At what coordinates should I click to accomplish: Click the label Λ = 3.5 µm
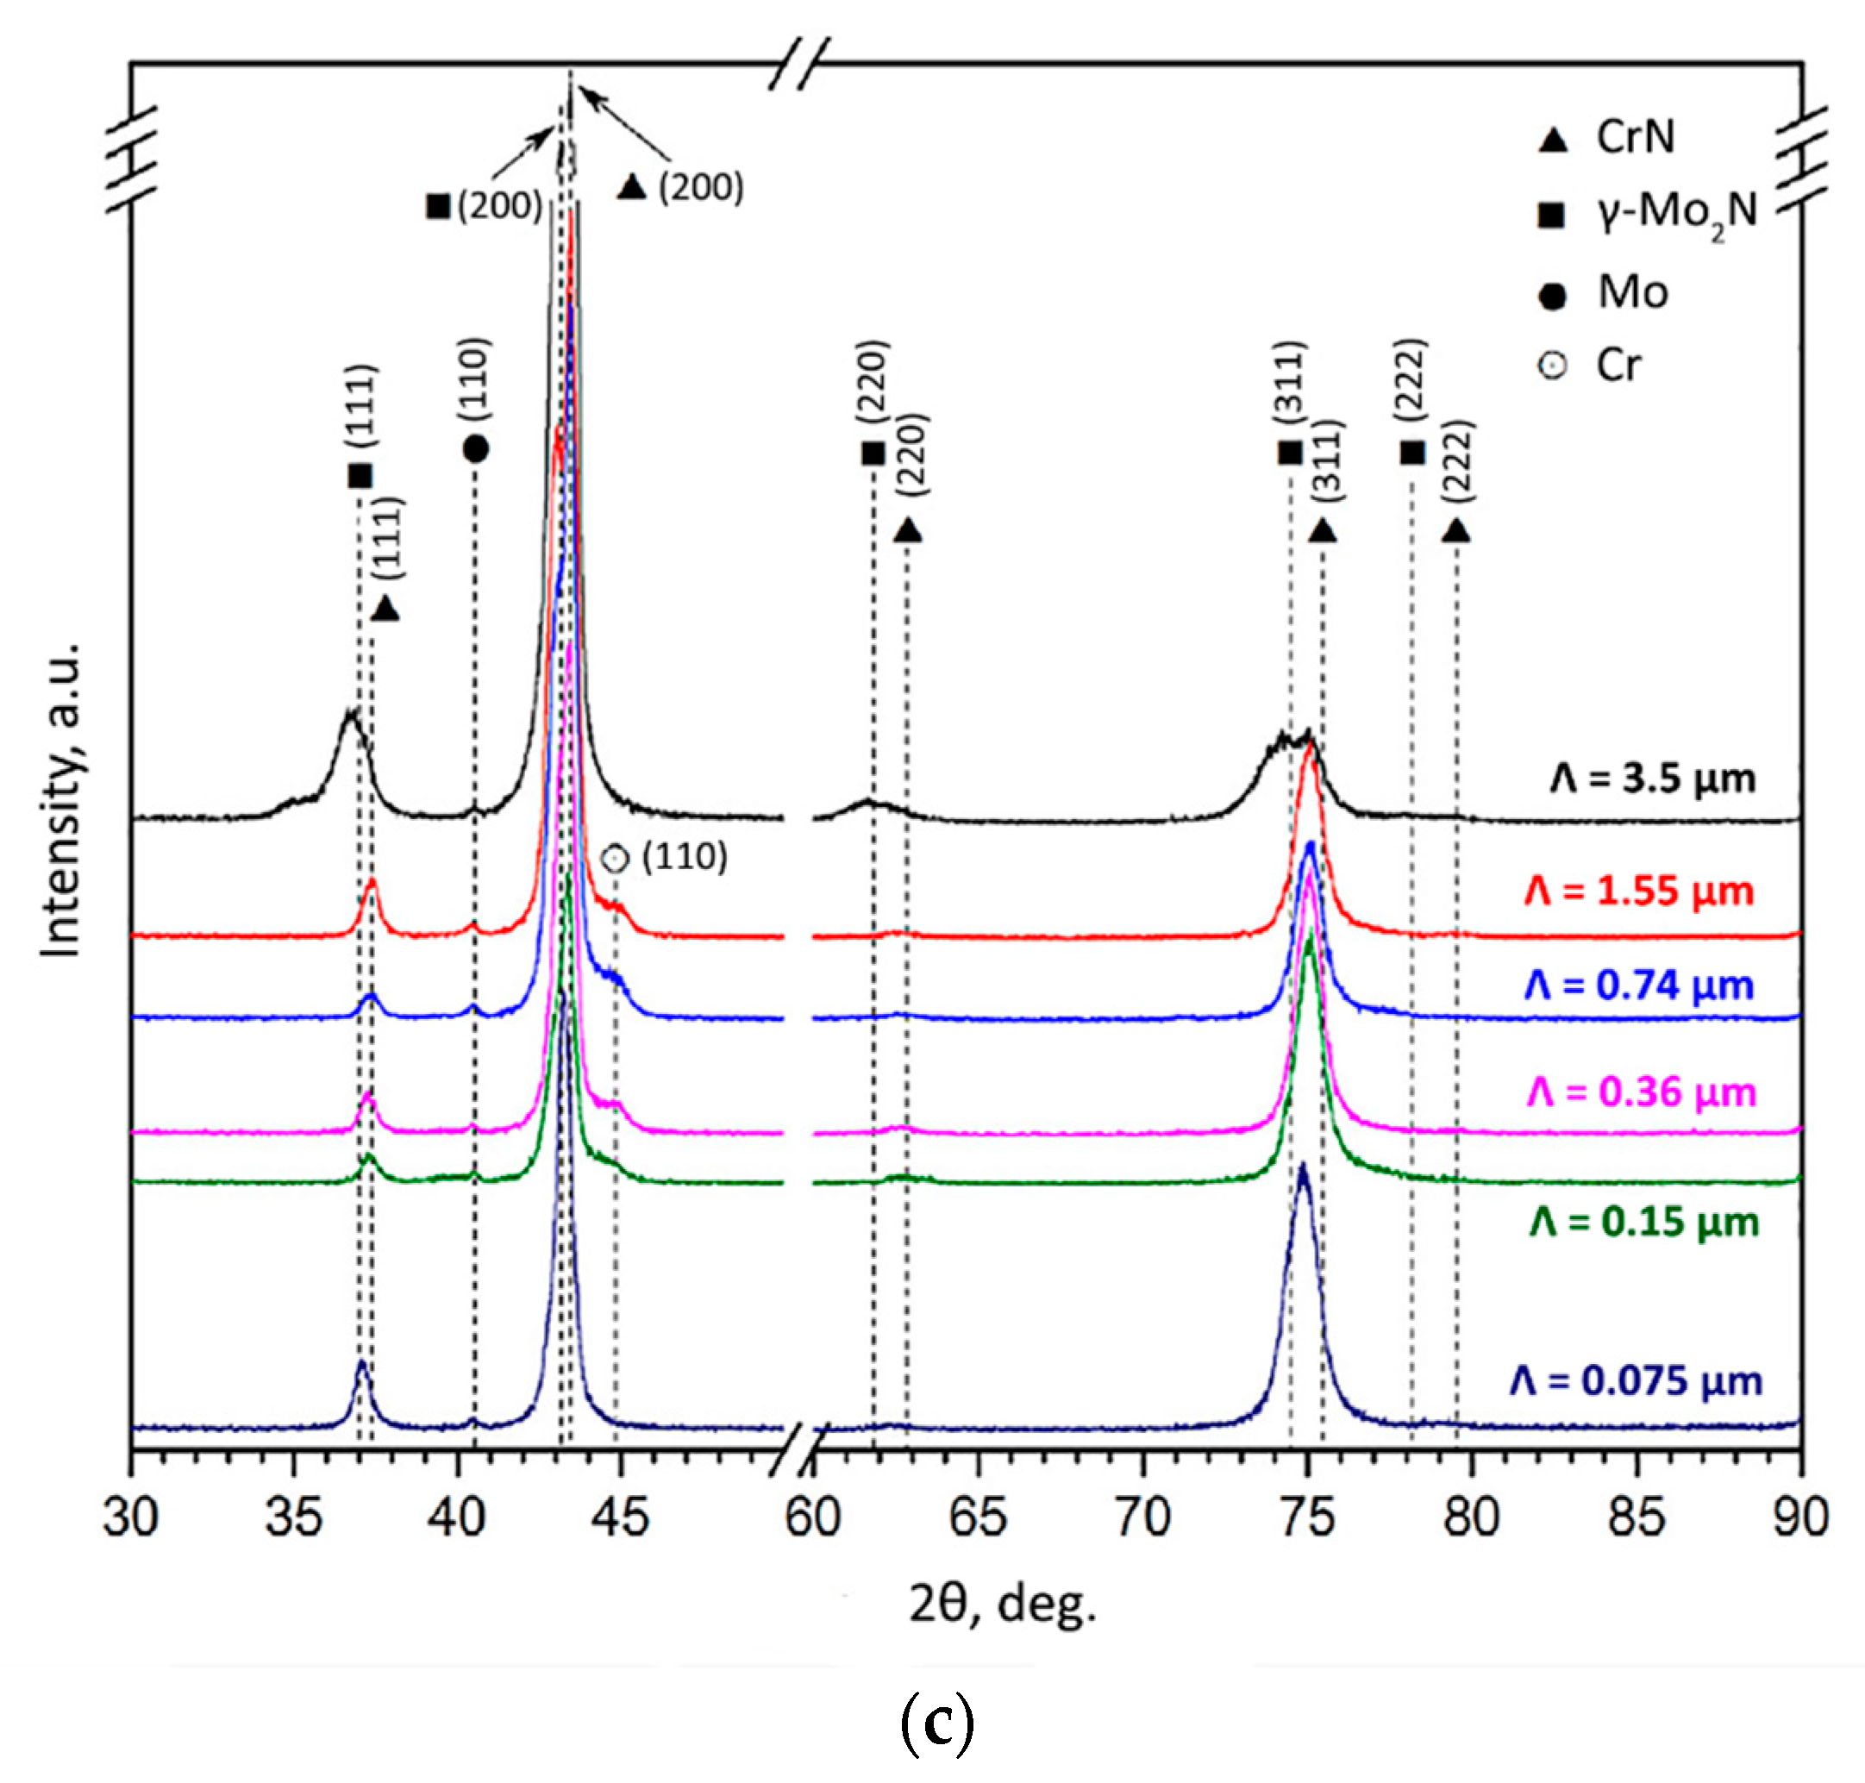point(1652,779)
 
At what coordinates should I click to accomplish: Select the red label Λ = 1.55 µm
point(1639,891)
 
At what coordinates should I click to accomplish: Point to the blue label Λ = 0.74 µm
point(1639,985)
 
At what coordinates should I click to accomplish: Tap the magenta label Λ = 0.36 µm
point(1641,1092)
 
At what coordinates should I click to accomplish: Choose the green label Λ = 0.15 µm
point(1643,1222)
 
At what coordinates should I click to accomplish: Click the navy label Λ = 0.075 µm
point(1635,1380)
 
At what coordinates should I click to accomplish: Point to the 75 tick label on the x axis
point(1307,1517)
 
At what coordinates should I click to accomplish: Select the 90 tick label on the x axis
point(1799,1517)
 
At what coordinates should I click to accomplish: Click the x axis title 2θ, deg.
point(1003,1605)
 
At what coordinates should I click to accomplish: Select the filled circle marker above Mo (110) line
point(475,448)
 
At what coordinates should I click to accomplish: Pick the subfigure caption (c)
point(936,1724)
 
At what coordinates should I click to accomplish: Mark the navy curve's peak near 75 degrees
point(1302,1167)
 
